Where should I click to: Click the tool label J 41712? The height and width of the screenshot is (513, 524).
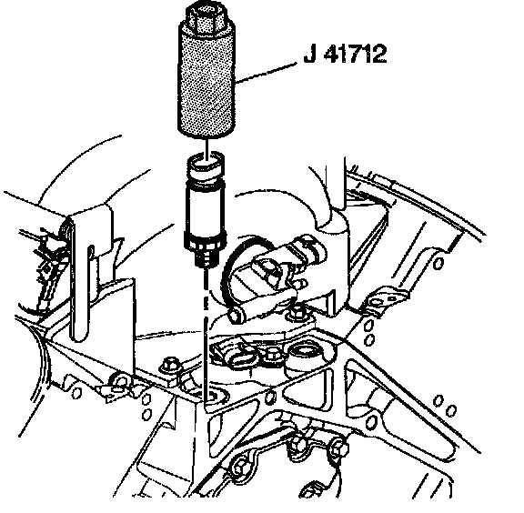tap(345, 54)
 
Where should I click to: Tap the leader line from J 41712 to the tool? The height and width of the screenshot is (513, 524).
tap(266, 72)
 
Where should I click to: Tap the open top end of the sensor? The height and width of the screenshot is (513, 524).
tap(206, 163)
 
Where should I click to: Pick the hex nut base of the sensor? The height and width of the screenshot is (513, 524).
tap(206, 243)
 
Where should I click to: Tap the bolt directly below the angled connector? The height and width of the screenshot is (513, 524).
tap(297, 313)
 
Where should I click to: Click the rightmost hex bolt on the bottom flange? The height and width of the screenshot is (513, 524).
tap(338, 449)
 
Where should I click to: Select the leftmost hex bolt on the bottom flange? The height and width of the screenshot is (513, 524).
tap(240, 468)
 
